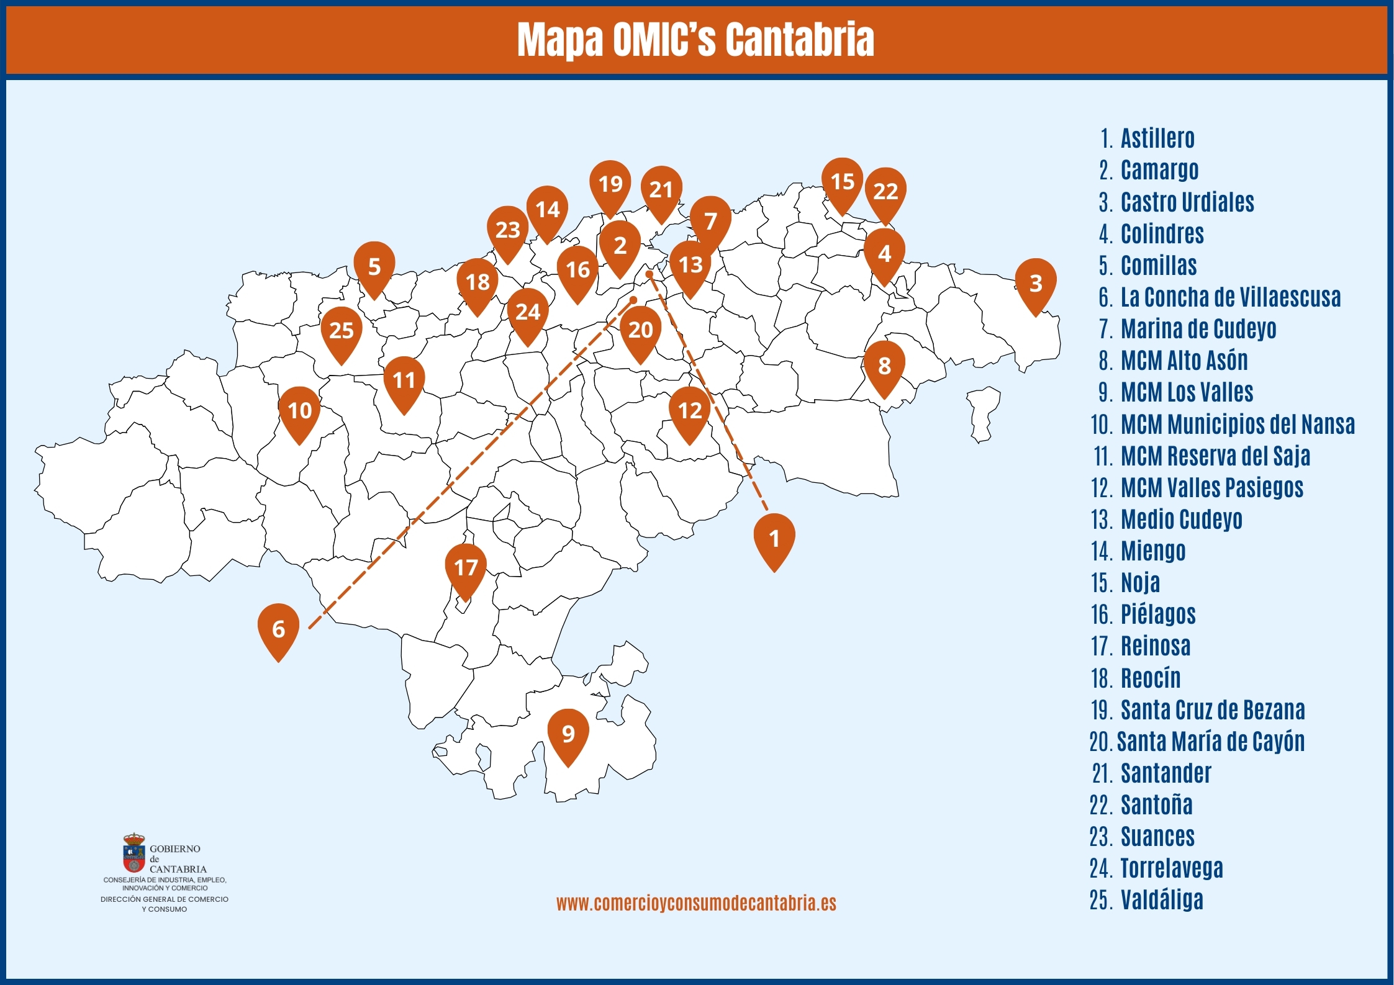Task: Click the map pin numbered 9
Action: click(568, 735)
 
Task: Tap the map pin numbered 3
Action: click(1035, 284)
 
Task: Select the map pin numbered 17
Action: click(466, 568)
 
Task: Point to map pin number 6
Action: click(278, 629)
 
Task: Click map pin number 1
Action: click(774, 539)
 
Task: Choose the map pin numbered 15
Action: click(842, 182)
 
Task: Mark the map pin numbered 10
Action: click(299, 411)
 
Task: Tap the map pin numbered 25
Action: click(341, 331)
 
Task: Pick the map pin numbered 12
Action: click(689, 411)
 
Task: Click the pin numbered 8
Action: click(884, 366)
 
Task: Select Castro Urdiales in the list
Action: click(1187, 202)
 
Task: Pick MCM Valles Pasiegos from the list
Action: click(1211, 488)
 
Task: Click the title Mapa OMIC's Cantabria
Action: click(695, 40)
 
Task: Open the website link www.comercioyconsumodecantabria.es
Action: click(696, 903)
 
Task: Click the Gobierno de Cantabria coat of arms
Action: click(134, 854)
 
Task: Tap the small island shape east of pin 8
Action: click(983, 413)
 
